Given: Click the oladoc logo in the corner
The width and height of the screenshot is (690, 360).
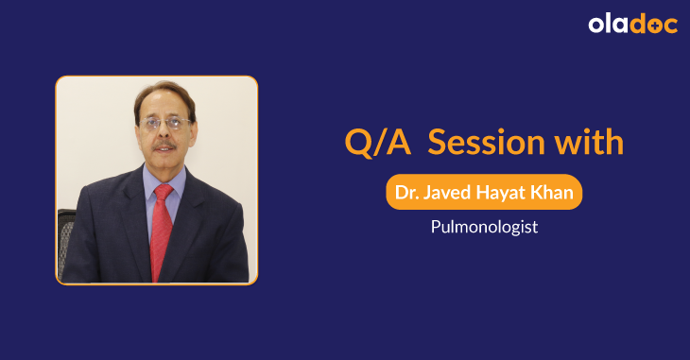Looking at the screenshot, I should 632,25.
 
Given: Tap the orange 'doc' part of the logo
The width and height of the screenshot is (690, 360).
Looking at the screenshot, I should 655,25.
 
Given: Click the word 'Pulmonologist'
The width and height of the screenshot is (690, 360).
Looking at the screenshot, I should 484,227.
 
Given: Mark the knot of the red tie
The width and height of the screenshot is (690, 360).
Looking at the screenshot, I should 163,194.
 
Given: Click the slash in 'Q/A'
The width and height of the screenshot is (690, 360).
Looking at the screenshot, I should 376,143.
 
